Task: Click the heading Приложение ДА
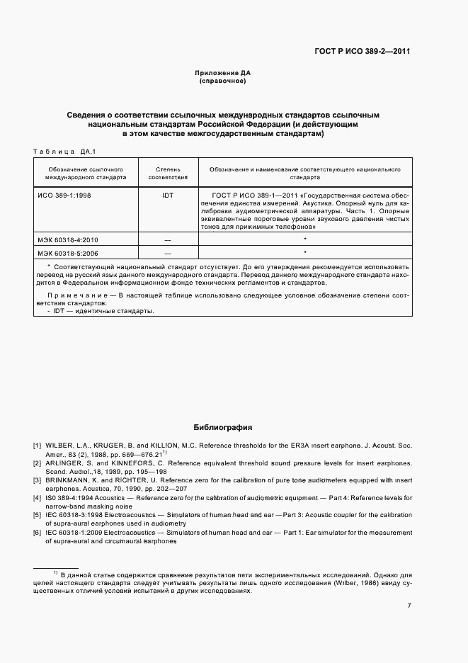point(222,73)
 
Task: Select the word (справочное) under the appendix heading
point(222,81)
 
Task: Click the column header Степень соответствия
point(168,174)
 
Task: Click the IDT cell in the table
point(168,193)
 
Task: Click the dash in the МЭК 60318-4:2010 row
point(168,240)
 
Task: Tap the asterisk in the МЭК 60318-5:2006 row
point(304,252)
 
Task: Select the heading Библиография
point(222,428)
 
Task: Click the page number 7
point(409,606)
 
